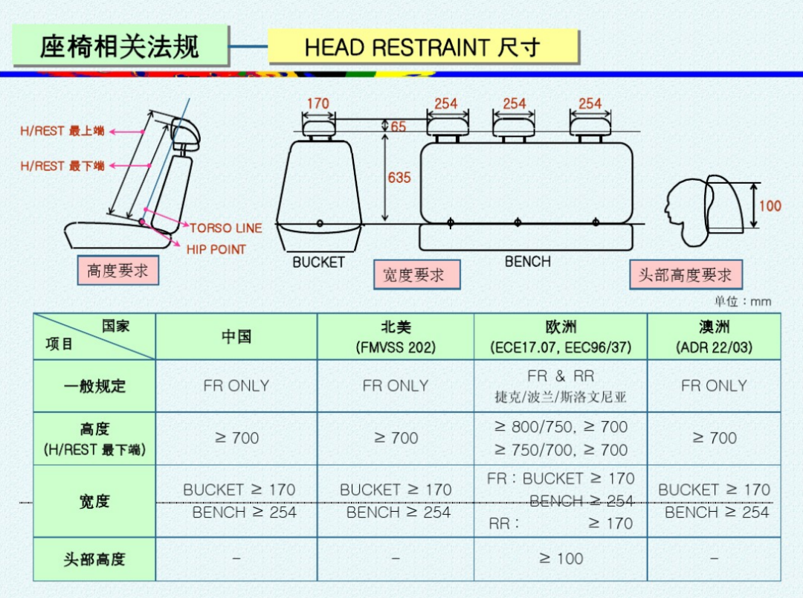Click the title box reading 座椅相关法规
(120, 46)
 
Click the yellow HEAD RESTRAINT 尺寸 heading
(422, 48)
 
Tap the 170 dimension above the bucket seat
(317, 103)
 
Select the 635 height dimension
(399, 178)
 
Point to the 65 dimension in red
(399, 126)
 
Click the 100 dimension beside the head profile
(770, 205)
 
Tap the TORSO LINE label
(225, 228)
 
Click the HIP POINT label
(216, 249)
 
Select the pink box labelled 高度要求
(117, 271)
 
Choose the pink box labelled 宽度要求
(416, 274)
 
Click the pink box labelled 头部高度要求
(685, 274)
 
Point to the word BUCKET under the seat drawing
(318, 263)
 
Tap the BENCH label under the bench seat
(528, 262)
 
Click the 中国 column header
(236, 337)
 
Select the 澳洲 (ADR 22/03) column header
(714, 337)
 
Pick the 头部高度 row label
(94, 559)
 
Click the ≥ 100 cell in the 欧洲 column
(561, 559)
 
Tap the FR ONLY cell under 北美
(396, 386)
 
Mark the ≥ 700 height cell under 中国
(236, 438)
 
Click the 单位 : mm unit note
(743, 301)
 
